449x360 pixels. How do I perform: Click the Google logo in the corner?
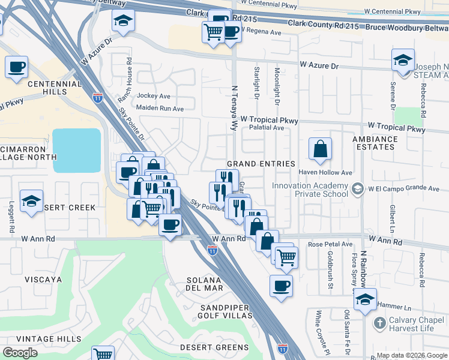[20, 353]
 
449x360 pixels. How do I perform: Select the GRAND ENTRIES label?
[261, 164]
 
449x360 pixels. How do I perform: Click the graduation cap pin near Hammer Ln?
[365, 299]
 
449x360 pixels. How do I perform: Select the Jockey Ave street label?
[154, 96]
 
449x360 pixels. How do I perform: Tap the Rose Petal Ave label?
[330, 244]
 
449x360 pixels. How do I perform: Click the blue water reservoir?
[76, 150]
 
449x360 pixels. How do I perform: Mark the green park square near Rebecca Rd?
[409, 117]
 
